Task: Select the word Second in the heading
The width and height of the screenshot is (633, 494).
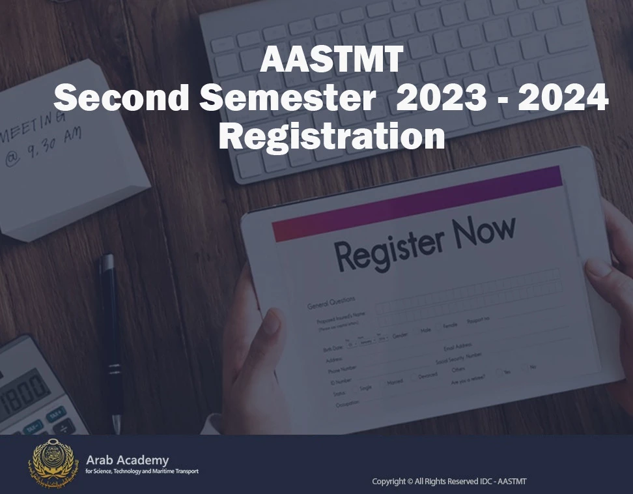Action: [x=122, y=99]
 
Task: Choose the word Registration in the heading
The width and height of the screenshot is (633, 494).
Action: [x=331, y=137]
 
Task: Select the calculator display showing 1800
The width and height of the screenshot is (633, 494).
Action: [x=25, y=391]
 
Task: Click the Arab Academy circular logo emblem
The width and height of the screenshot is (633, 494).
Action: [x=53, y=463]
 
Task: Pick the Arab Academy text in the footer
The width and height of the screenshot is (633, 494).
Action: [x=127, y=460]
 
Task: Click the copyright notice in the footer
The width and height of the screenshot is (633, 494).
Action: [x=449, y=482]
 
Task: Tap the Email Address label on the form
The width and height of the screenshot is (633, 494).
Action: [x=458, y=347]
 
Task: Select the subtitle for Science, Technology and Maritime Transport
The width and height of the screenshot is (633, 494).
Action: [x=142, y=471]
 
